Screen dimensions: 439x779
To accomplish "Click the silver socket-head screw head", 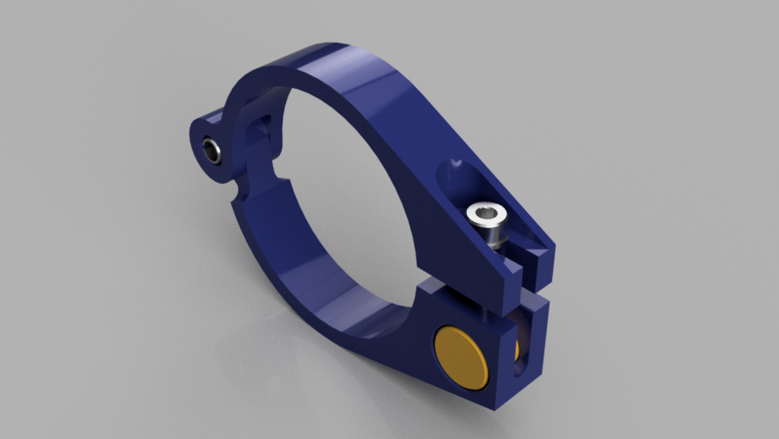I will pos(489,224).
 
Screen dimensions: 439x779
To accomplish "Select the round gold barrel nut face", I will pos(462,352).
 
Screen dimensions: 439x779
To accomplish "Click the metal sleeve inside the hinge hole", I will pos(211,153).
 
